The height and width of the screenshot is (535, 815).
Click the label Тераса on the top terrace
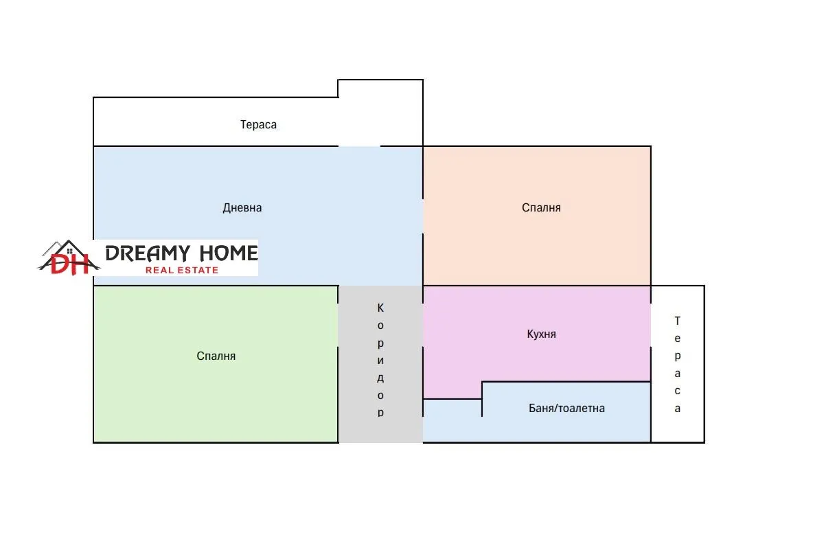click(258, 125)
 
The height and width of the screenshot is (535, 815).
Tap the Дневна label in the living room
click(242, 207)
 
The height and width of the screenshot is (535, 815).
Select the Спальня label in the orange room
click(541, 207)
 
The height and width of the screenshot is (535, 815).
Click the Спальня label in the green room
click(216, 356)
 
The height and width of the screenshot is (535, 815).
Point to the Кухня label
click(541, 334)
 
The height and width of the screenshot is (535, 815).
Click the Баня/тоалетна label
click(566, 408)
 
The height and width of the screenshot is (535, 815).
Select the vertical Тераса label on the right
click(677, 364)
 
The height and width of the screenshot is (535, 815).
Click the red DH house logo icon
click(69, 258)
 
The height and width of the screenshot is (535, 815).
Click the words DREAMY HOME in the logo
click(181, 253)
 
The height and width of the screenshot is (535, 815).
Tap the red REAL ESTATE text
click(181, 270)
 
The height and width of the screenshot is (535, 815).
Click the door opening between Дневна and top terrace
click(359, 146)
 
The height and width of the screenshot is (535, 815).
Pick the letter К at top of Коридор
click(380, 307)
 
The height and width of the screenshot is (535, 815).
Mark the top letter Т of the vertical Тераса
click(677, 321)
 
